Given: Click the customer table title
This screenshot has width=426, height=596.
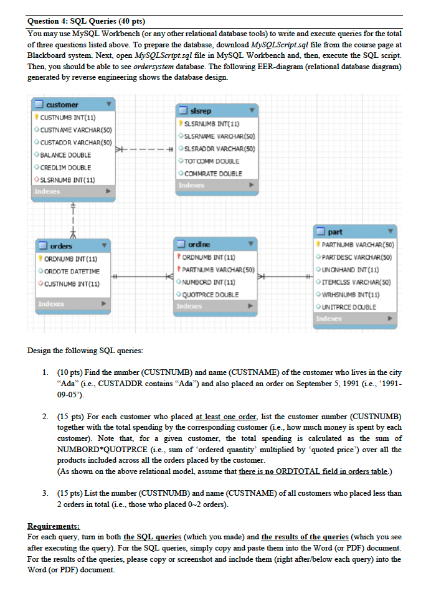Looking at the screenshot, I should [62, 105].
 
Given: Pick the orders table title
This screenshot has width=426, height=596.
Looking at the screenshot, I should [61, 246].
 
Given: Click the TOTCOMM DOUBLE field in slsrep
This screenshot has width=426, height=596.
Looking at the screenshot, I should [209, 161].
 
